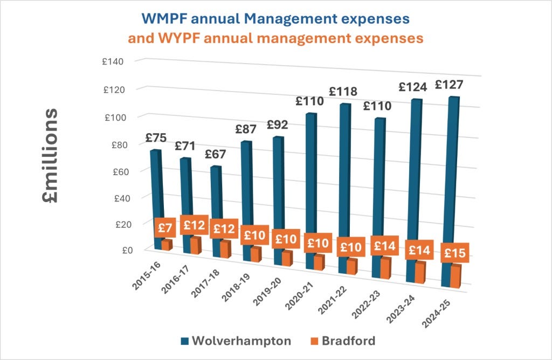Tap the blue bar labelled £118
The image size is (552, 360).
(345, 172)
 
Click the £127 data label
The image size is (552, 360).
(449, 85)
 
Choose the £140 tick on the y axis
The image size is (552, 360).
(114, 61)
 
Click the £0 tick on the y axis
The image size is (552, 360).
(119, 250)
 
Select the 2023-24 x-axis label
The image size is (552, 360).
(399, 311)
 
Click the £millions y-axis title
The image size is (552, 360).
(51, 156)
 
